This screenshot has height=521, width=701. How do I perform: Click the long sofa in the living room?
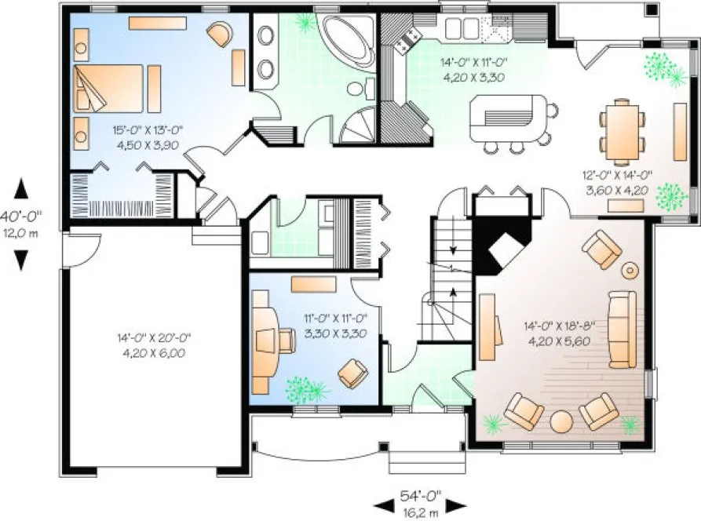click(622, 328)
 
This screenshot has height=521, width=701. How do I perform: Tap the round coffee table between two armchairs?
click(562, 420)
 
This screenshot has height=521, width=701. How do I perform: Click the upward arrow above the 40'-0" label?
click(22, 189)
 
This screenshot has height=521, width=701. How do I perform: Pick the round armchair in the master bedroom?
click(220, 33)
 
